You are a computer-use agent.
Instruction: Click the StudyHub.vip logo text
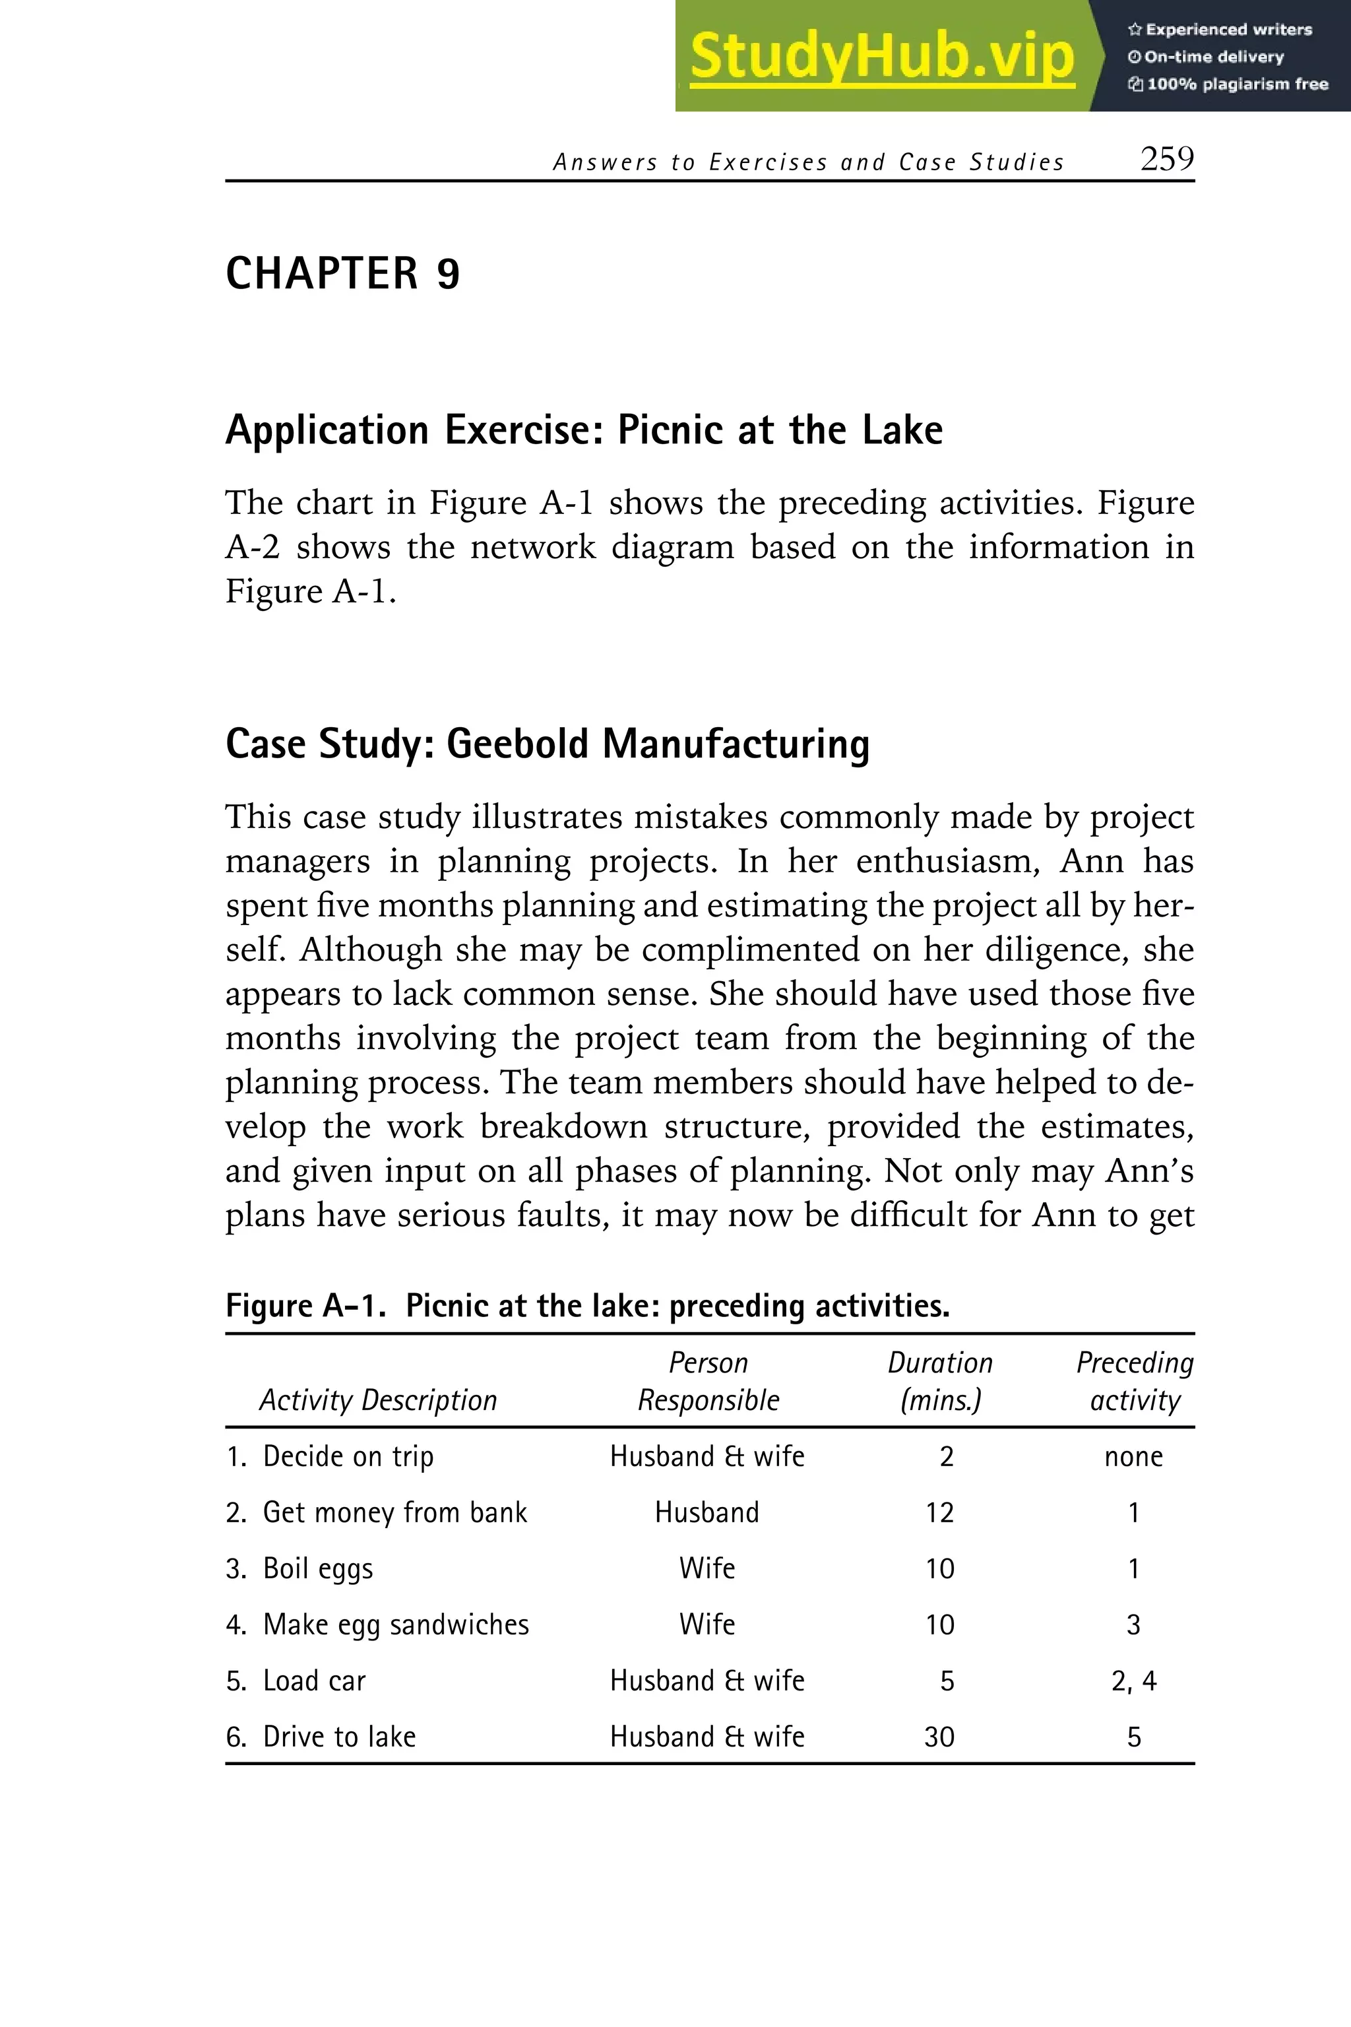point(881,56)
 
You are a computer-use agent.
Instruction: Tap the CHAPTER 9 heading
point(342,274)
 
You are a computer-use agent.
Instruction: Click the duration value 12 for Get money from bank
point(939,1512)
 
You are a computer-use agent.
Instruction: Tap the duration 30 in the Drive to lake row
point(939,1737)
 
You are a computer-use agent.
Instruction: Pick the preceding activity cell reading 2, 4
point(1134,1681)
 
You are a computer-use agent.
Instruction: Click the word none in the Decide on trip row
point(1134,1456)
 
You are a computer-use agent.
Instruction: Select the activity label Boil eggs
point(318,1568)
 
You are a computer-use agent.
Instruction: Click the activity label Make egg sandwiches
point(396,1625)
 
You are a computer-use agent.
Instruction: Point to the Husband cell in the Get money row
point(707,1512)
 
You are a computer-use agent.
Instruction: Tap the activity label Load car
point(313,1681)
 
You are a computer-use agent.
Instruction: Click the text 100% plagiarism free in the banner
point(1236,84)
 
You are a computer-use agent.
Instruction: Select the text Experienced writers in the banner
point(1228,29)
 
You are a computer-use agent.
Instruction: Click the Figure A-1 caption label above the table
point(305,1306)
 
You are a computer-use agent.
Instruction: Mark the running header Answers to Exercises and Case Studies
point(808,162)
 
